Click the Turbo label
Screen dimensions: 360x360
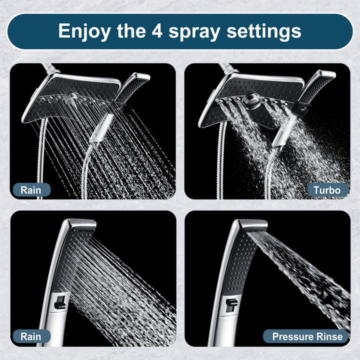[327, 190]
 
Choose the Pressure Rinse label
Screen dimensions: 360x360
[307, 336]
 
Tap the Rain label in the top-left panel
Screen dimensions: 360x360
[31, 190]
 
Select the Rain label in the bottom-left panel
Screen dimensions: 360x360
[31, 336]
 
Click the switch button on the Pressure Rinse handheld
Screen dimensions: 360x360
[231, 304]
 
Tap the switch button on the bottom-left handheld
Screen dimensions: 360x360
[59, 301]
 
